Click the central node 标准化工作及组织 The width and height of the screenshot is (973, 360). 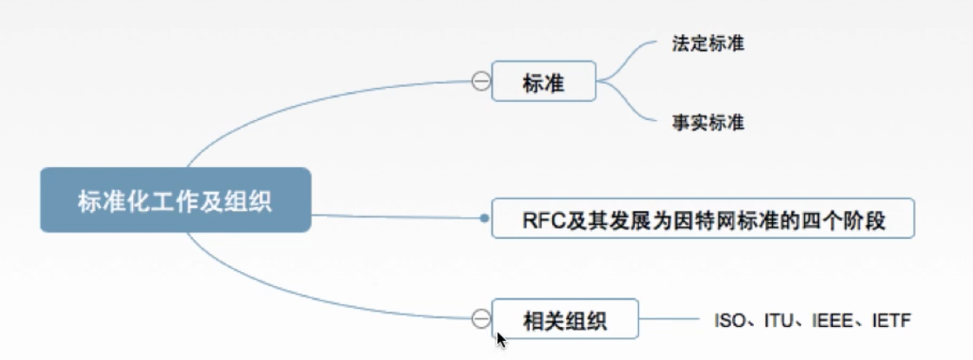[x=175, y=201]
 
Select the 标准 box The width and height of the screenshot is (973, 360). [x=543, y=82]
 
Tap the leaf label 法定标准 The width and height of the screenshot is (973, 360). [x=708, y=43]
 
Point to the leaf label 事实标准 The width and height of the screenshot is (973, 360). [x=708, y=123]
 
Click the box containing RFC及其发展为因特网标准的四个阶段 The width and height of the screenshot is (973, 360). [x=703, y=219]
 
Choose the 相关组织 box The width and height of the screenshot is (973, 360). [x=565, y=320]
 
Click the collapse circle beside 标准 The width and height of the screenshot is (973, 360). [x=480, y=82]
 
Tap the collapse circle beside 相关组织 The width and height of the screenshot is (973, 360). [x=480, y=319]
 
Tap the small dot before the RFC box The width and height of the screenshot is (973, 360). [x=484, y=219]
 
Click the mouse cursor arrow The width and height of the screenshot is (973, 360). [x=501, y=339]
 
